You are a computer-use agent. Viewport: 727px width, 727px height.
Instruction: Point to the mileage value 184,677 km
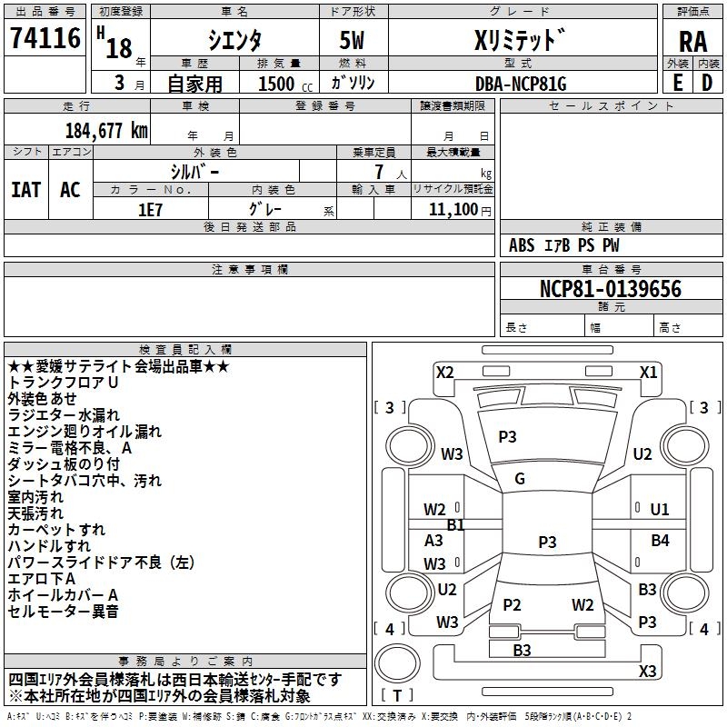[x=106, y=130]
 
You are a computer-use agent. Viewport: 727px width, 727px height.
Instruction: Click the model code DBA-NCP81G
[x=521, y=84]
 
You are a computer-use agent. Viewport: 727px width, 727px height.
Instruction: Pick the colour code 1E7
[x=150, y=208]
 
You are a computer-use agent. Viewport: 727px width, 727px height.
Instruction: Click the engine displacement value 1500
[x=275, y=84]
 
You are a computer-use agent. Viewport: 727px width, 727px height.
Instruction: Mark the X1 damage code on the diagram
[x=648, y=372]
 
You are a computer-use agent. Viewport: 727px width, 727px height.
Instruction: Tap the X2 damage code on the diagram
[x=444, y=372]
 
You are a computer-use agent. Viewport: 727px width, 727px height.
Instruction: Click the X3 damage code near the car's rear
[x=647, y=671]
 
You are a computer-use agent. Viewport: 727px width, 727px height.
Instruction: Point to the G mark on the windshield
[x=520, y=479]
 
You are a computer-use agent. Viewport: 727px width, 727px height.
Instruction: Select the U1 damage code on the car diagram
[x=659, y=509]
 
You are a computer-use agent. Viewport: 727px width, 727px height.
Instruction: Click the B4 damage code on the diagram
[x=660, y=541]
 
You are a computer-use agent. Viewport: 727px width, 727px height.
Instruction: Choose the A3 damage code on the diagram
[x=434, y=540]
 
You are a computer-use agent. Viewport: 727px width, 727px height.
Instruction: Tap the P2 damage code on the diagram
[x=512, y=604]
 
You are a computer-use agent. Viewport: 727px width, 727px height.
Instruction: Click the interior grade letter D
[x=706, y=83]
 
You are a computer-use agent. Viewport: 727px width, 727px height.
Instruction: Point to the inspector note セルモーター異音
[x=63, y=612]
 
